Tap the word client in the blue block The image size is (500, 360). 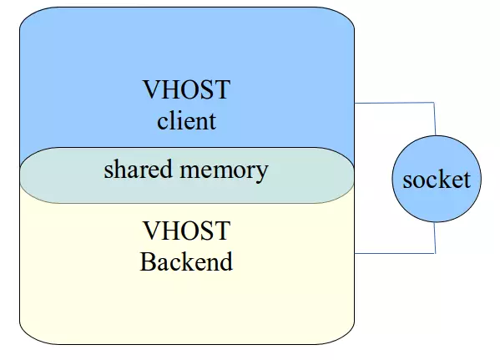click(x=186, y=120)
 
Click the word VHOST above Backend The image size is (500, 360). click(x=186, y=231)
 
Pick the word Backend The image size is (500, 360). click(x=186, y=261)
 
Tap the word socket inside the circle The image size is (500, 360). click(x=436, y=179)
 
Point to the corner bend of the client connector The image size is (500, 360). click(x=435, y=103)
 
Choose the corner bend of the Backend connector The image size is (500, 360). click(x=435, y=251)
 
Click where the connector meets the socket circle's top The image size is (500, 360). click(x=435, y=135)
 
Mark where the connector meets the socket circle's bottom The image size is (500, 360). click(x=435, y=223)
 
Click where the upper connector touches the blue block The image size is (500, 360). click(x=356, y=103)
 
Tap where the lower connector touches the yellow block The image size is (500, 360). click(x=356, y=251)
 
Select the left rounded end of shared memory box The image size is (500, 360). click(x=26, y=175)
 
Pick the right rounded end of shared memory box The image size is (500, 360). click(x=350, y=175)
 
